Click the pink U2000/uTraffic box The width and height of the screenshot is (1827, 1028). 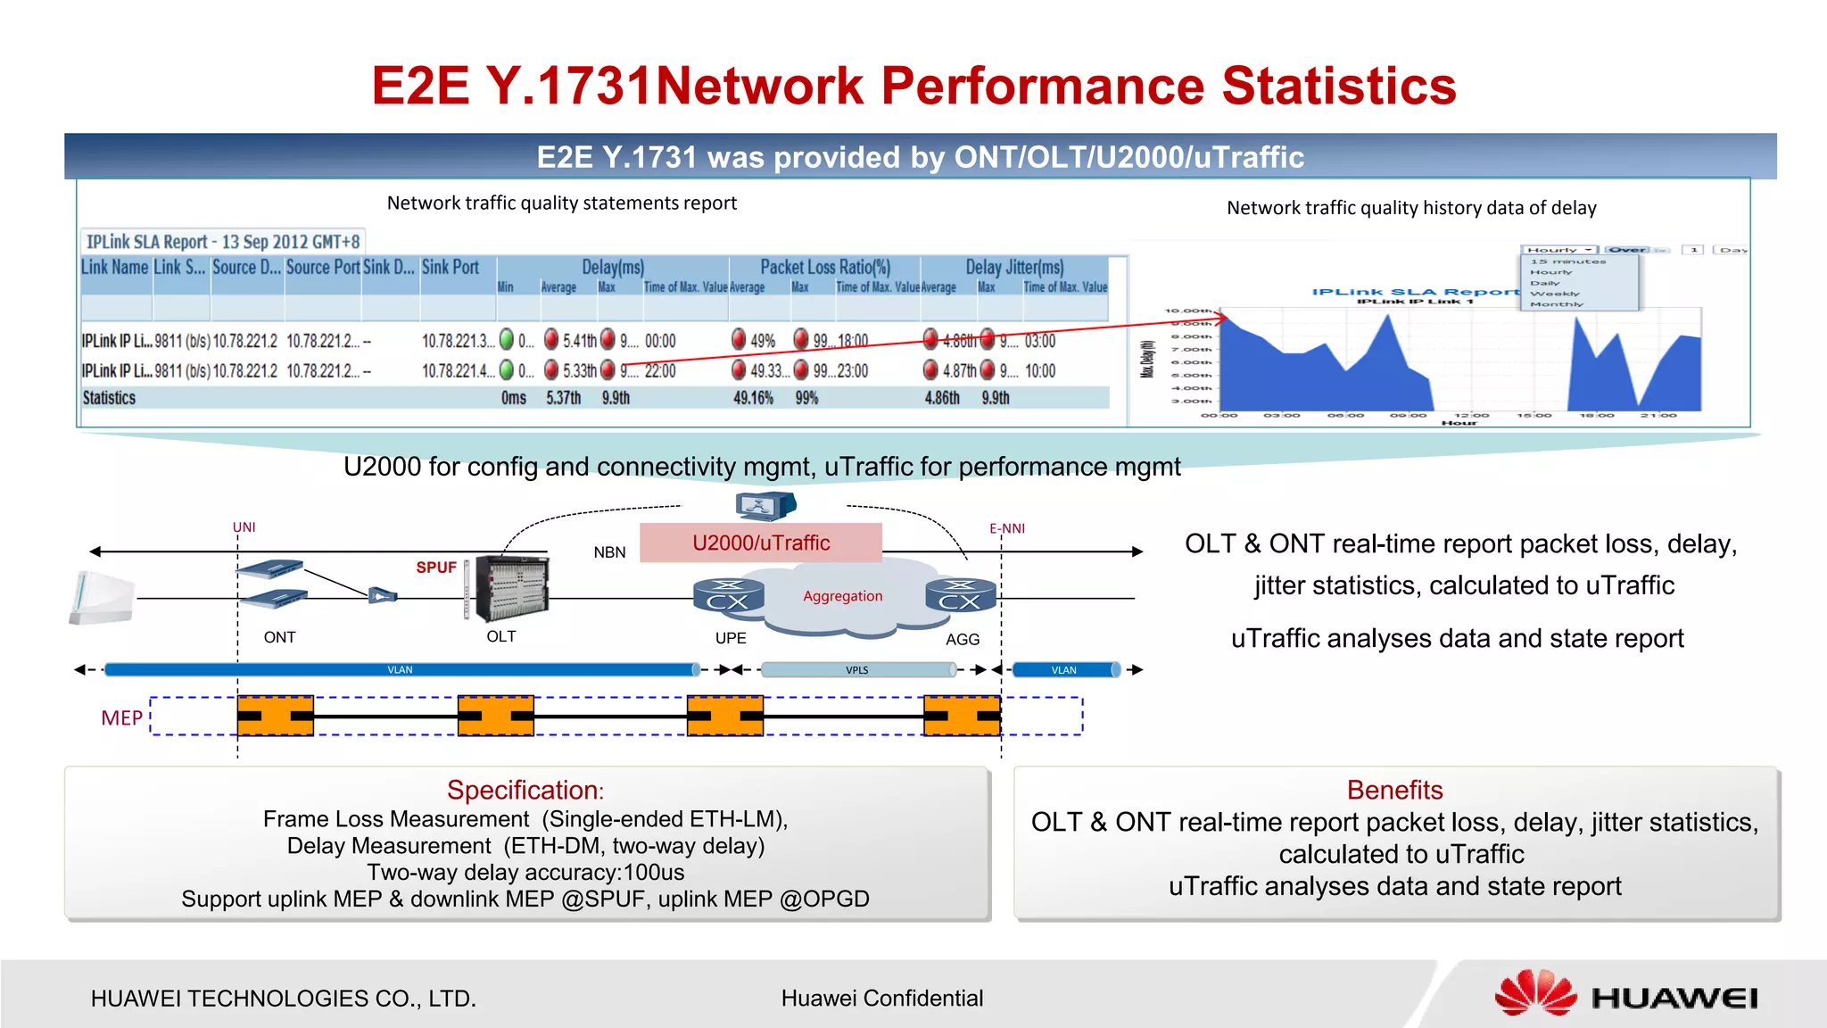[x=761, y=543]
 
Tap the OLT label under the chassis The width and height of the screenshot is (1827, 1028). [x=500, y=636]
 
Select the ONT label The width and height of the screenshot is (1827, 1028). [x=279, y=637]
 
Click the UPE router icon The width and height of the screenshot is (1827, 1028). [x=728, y=596]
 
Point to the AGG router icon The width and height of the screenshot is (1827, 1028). [x=960, y=596]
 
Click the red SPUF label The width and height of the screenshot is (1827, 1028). [x=435, y=568]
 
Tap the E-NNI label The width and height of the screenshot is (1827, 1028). [x=1007, y=528]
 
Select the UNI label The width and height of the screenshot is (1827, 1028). [x=244, y=527]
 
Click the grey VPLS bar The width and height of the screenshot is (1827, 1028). [x=857, y=670]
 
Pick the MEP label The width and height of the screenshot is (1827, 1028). [x=122, y=718]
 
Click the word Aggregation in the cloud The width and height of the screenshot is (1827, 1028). [x=842, y=596]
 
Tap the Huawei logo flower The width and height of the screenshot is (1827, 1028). [x=1535, y=994]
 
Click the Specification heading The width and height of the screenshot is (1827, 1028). [x=525, y=790]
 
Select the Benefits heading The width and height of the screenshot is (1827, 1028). [x=1394, y=790]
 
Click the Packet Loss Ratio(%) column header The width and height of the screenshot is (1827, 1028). [x=825, y=267]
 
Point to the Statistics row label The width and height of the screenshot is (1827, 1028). [x=109, y=398]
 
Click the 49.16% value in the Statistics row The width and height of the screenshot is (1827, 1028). [x=753, y=398]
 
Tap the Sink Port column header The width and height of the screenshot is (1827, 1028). [x=450, y=267]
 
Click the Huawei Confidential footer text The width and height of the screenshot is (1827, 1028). [x=881, y=998]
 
